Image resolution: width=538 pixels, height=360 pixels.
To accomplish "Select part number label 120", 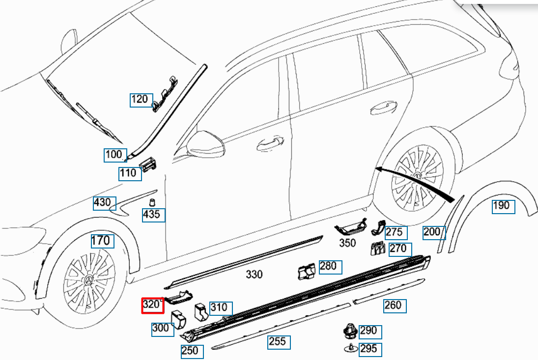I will tap(140, 100).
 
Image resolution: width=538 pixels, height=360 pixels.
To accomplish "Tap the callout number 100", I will tap(114, 155).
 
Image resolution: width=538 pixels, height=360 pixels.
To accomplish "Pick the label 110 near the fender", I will tap(129, 173).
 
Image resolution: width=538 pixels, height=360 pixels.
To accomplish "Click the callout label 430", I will tap(104, 202).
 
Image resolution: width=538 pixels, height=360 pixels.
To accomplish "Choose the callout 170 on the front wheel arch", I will tap(101, 241).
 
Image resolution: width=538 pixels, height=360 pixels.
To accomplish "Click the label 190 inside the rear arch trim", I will tap(502, 206).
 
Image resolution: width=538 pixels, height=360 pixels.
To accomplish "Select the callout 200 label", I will tap(433, 232).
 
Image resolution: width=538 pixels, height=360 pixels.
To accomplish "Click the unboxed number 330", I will tap(254, 275).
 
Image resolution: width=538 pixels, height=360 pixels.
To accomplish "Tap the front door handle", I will tap(269, 143).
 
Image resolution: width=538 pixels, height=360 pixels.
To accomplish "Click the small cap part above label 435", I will tap(152, 202).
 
